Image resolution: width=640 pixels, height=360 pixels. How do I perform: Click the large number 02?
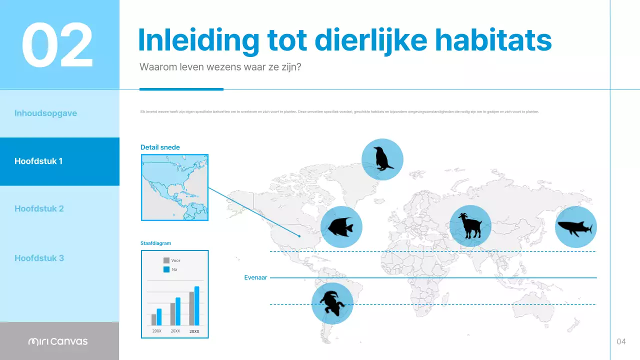pyautogui.click(x=57, y=45)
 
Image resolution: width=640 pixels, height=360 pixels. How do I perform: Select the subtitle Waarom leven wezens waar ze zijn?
pyautogui.click(x=220, y=67)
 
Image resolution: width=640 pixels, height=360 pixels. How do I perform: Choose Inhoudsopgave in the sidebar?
pyautogui.click(x=45, y=113)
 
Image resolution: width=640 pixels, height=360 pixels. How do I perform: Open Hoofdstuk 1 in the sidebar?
pyautogui.click(x=38, y=161)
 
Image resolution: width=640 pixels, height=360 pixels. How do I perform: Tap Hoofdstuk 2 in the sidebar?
pyautogui.click(x=39, y=208)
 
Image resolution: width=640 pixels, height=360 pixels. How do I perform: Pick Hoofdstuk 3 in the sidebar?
pyautogui.click(x=39, y=258)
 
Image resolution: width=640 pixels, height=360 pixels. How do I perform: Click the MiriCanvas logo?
pyautogui.click(x=58, y=341)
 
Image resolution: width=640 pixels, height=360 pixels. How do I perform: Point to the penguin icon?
pyautogui.click(x=382, y=159)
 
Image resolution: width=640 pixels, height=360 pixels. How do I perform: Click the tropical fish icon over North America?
pyautogui.click(x=341, y=227)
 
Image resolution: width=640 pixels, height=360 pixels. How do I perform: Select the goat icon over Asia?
pyautogui.click(x=470, y=226)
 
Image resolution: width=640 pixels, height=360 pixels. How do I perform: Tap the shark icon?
pyautogui.click(x=575, y=227)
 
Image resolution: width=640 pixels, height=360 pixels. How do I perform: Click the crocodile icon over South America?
pyautogui.click(x=332, y=303)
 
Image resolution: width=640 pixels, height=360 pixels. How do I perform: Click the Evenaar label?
pyautogui.click(x=255, y=277)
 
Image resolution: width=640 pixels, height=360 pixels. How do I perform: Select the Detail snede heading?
pyautogui.click(x=160, y=147)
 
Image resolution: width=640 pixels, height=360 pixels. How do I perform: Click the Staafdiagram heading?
pyautogui.click(x=155, y=243)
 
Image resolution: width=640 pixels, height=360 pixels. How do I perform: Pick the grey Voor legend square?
pyautogui.click(x=166, y=260)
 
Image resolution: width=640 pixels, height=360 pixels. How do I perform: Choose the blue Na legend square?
pyautogui.click(x=166, y=269)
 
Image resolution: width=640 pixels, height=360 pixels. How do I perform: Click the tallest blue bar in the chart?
pyautogui.click(x=197, y=306)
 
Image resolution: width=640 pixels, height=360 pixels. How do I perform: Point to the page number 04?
pyautogui.click(x=621, y=341)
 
